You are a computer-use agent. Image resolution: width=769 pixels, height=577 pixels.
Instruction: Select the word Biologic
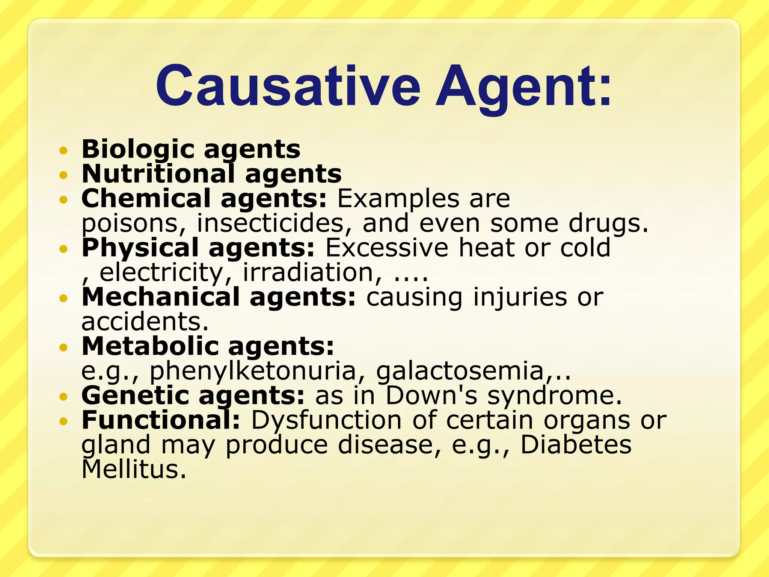tap(137, 150)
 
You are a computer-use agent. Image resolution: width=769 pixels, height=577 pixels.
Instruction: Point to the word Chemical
tap(146, 198)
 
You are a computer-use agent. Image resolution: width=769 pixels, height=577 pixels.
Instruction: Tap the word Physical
tap(140, 248)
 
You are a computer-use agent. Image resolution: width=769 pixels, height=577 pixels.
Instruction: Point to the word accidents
tap(145, 322)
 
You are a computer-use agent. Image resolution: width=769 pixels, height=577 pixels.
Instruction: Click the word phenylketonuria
tap(252, 372)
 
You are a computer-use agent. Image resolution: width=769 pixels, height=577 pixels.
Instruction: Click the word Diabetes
tap(576, 445)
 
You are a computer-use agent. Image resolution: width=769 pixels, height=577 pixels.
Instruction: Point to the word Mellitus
tap(133, 470)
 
